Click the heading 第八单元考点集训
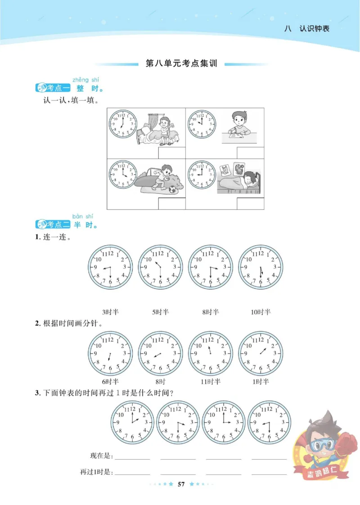(182, 64)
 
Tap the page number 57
(181, 484)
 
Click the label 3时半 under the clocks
(110, 312)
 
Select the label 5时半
(160, 312)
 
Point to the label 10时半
(261, 312)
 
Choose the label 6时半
(110, 382)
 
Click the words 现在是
(102, 456)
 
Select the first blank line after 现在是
(133, 459)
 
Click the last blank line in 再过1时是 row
(269, 474)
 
